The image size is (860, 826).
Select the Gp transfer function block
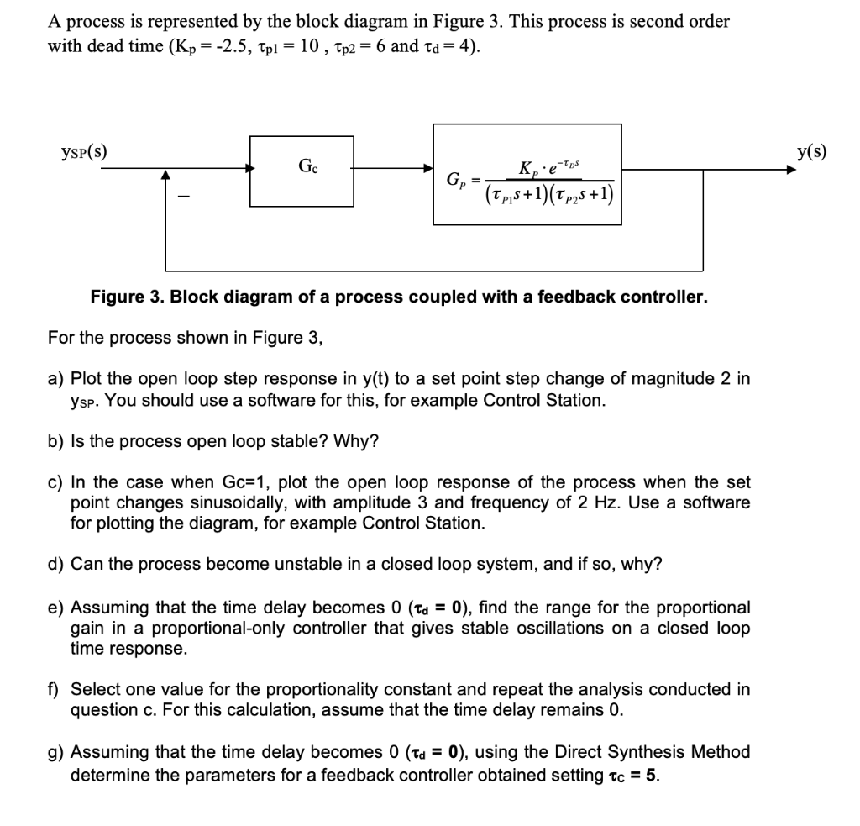(x=527, y=174)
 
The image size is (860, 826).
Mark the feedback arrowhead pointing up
(x=166, y=176)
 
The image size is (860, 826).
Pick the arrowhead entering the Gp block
(x=427, y=169)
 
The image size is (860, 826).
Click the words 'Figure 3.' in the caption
(x=123, y=297)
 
